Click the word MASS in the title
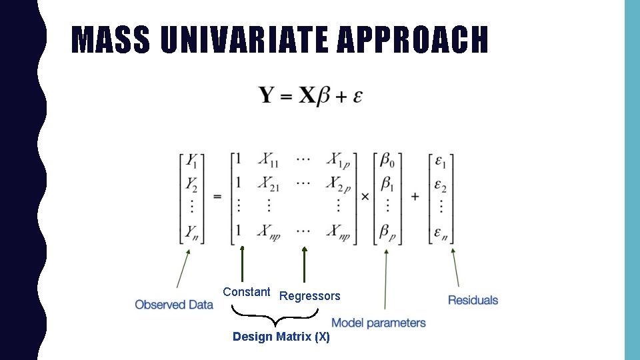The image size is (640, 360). click(111, 40)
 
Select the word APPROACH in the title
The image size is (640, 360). click(412, 40)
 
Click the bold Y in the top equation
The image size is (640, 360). click(267, 95)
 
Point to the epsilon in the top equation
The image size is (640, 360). click(357, 97)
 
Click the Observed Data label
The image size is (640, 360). click(174, 305)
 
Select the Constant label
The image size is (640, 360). click(246, 292)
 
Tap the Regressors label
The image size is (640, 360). click(309, 296)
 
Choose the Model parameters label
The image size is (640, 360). click(378, 323)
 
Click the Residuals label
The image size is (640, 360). click(473, 300)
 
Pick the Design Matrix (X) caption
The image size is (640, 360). click(281, 337)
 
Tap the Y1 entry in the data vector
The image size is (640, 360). click(192, 161)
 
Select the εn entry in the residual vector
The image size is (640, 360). click(440, 232)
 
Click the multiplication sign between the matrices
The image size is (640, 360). click(365, 197)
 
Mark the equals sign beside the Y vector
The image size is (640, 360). click(217, 197)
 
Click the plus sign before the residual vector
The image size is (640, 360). click(415, 197)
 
